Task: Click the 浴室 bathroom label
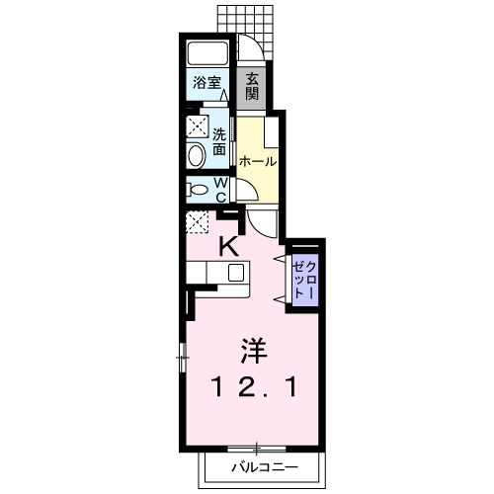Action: pyautogui.click(x=206, y=84)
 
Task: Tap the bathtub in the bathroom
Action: pyautogui.click(x=207, y=54)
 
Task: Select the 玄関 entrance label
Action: pyautogui.click(x=252, y=86)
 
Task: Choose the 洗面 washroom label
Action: pyautogui.click(x=219, y=140)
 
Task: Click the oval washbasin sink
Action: pyautogui.click(x=196, y=153)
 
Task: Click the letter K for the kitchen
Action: pyautogui.click(x=227, y=247)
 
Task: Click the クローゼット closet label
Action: pyautogui.click(x=302, y=279)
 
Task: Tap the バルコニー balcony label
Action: pyautogui.click(x=263, y=463)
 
